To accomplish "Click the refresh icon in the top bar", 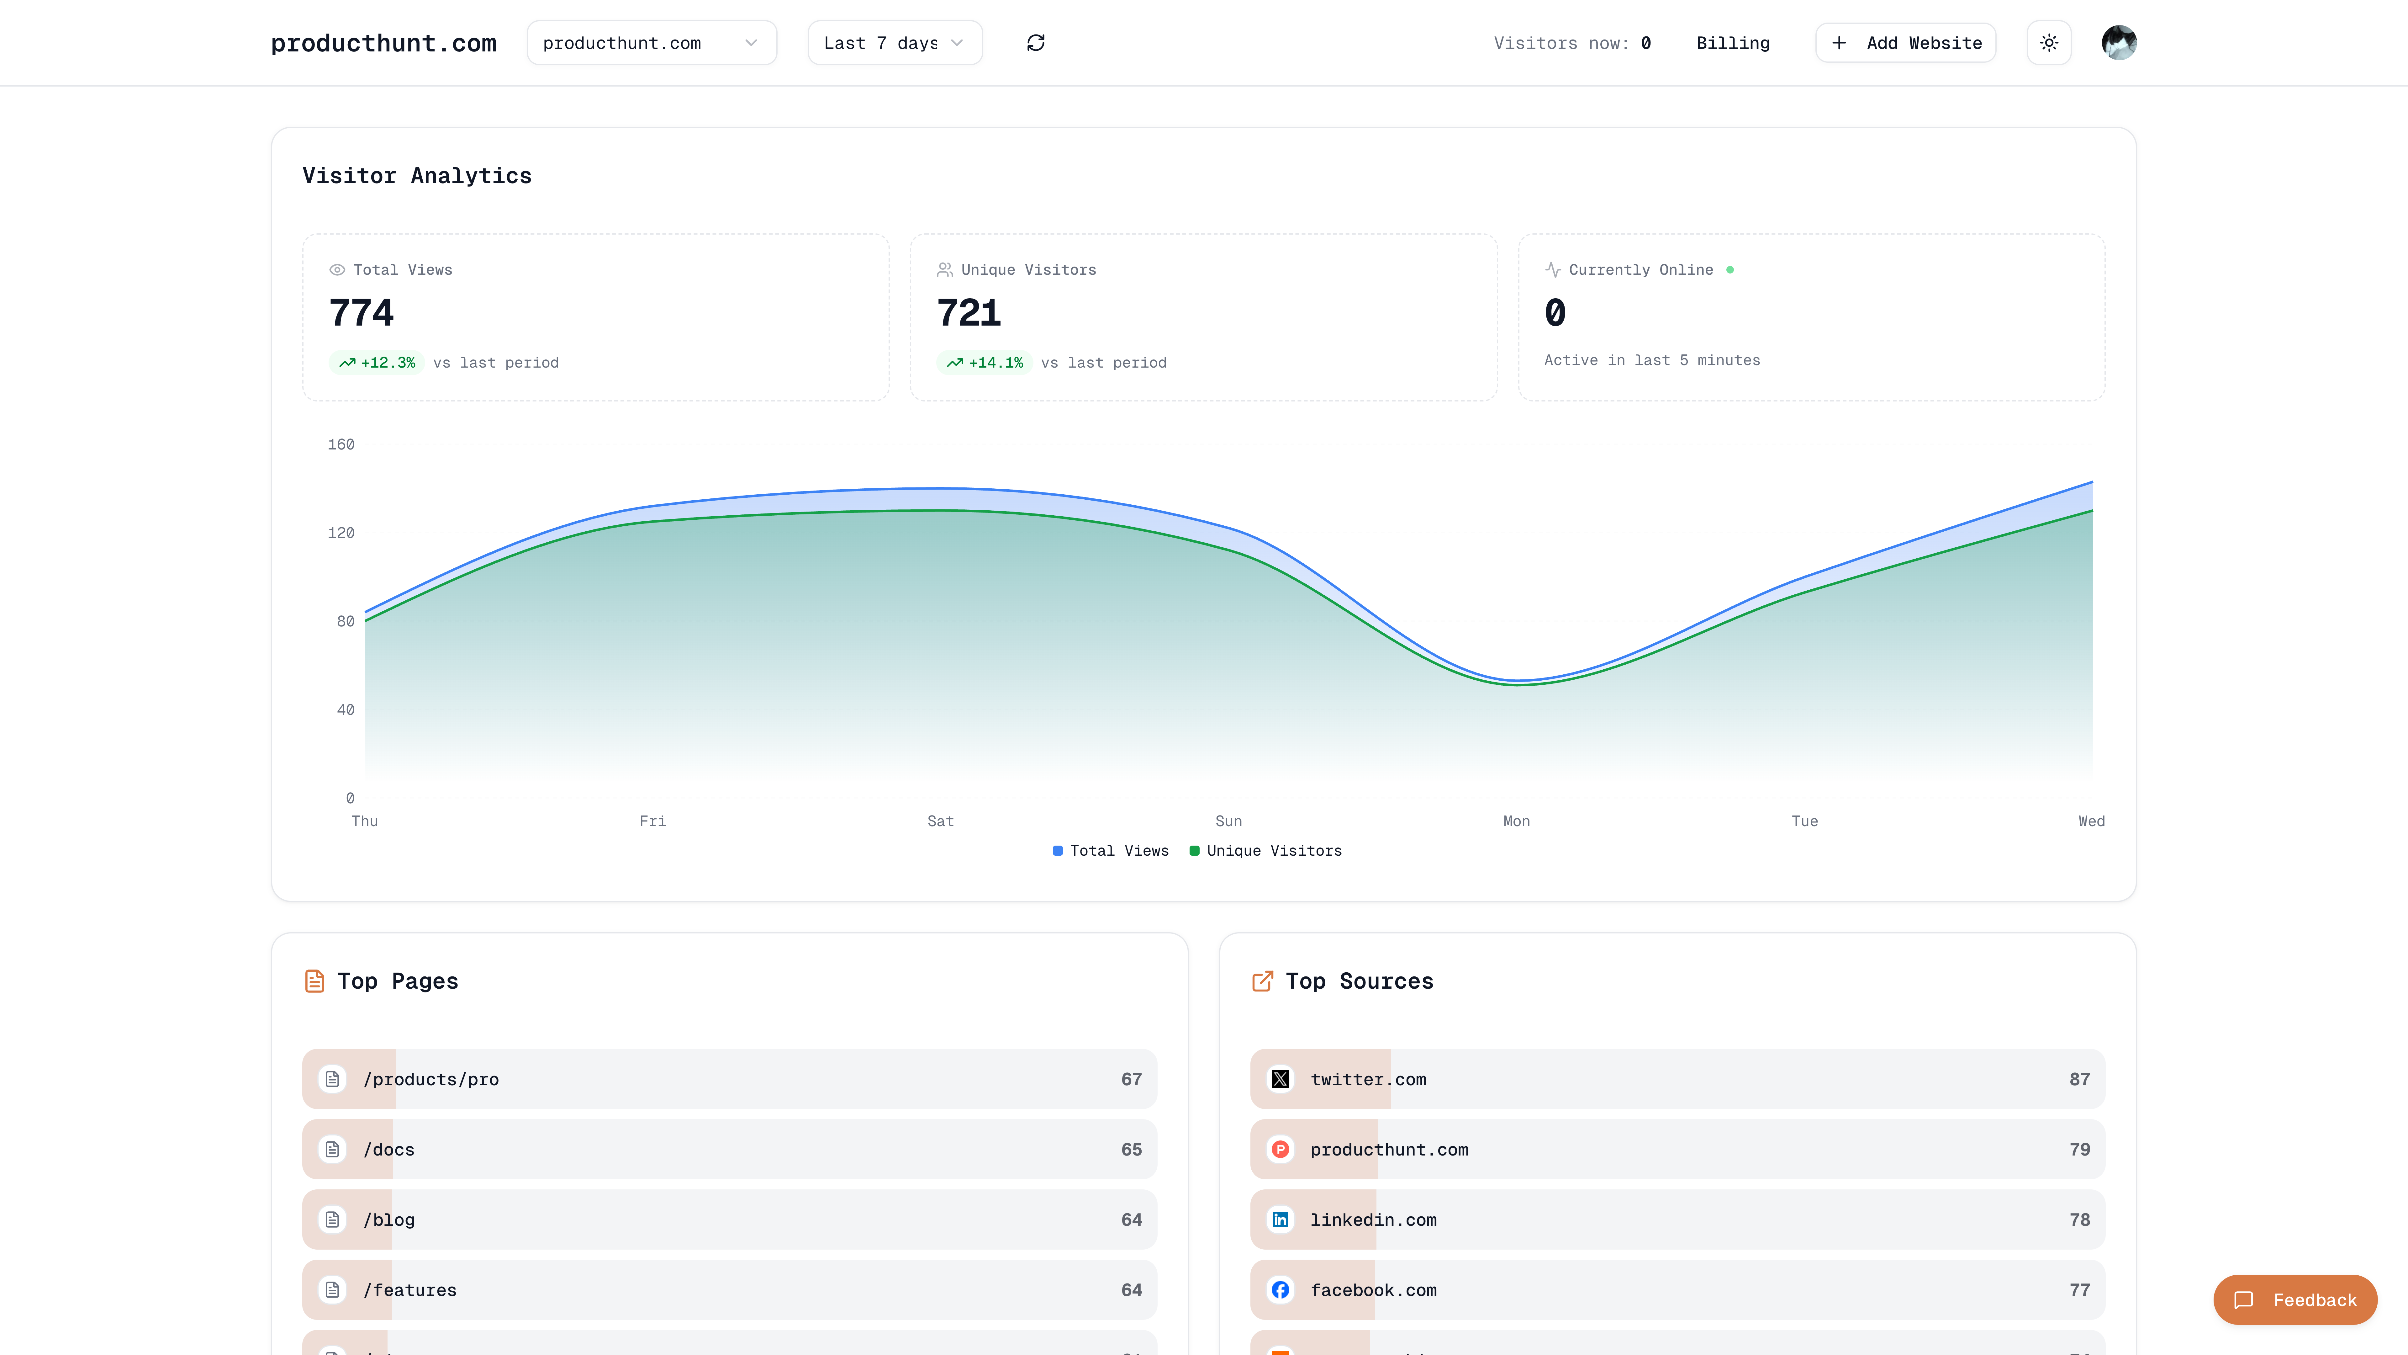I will (1036, 43).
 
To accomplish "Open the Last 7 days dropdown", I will (894, 43).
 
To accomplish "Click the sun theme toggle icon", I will (2048, 43).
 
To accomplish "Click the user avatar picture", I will (2118, 43).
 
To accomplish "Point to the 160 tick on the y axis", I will (341, 444).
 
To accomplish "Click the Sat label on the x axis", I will (940, 821).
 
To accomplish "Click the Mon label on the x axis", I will (1516, 821).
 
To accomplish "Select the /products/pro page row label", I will (431, 1079).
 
